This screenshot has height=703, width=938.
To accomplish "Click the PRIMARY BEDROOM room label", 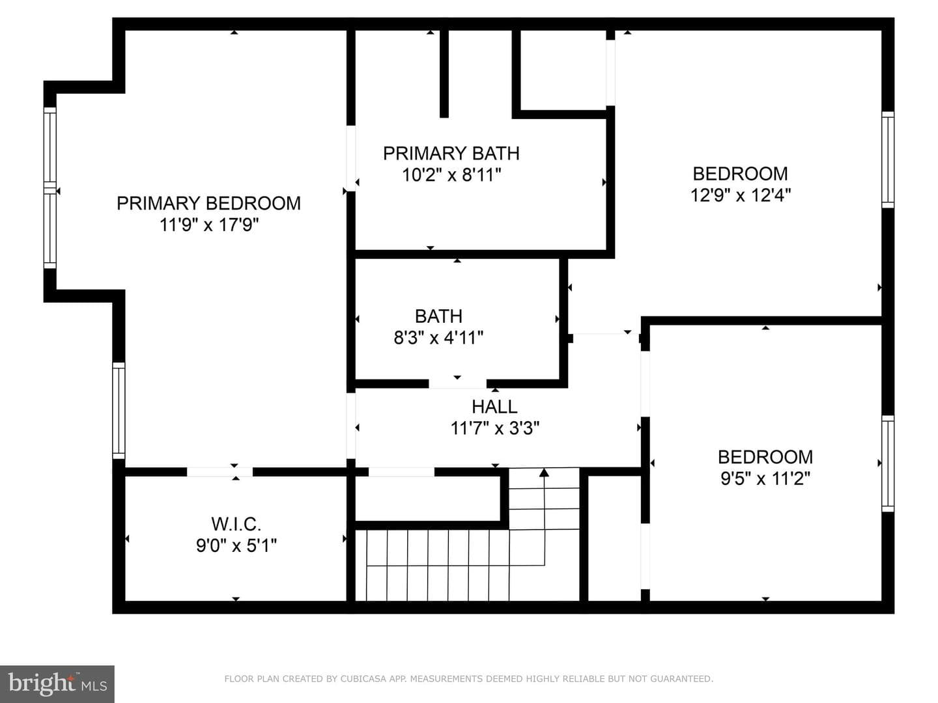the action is (208, 203).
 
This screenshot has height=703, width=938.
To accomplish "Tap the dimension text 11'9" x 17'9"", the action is (209, 225).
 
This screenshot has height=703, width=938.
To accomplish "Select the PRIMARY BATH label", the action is (451, 153).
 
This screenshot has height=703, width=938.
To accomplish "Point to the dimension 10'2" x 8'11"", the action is (451, 175).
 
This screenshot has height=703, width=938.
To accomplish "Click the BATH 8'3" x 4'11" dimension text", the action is (438, 338).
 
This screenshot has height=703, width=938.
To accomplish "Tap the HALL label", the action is (494, 406).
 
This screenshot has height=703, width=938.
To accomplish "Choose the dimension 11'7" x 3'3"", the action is (495, 428).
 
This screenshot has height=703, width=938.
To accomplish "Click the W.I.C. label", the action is (236, 524).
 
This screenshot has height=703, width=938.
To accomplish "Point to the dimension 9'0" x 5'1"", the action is (236, 545).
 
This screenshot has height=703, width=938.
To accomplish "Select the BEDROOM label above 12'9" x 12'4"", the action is (740, 174).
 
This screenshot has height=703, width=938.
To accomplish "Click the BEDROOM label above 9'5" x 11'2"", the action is (765, 457).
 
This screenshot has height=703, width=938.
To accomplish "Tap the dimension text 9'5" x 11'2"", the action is (765, 478).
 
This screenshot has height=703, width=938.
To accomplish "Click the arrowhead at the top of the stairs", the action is (544, 473).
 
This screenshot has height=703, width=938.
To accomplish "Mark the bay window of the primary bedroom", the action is (50, 188).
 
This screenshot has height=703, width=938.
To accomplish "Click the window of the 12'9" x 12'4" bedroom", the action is (888, 159).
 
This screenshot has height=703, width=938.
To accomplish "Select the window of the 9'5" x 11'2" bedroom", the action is (888, 463).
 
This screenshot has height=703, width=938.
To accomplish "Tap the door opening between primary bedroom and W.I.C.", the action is (220, 472).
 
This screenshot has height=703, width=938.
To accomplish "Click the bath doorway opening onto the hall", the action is (458, 383).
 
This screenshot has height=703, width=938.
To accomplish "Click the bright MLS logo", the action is (57, 683).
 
